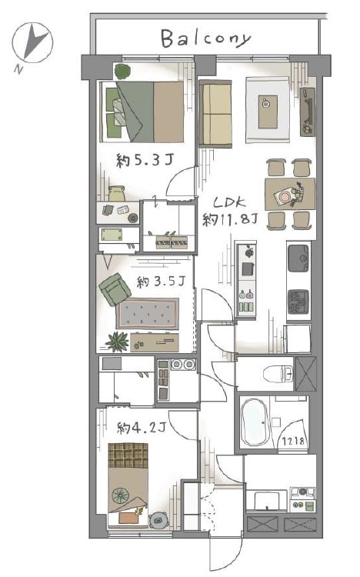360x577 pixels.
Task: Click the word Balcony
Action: pyautogui.click(x=205, y=38)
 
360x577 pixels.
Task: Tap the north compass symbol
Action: pyautogui.click(x=32, y=42)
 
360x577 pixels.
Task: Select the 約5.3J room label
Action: pyautogui.click(x=145, y=161)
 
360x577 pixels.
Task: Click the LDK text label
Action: pyautogui.click(x=230, y=203)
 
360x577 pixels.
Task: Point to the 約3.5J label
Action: pyautogui.click(x=161, y=282)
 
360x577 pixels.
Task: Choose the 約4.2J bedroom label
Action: pyautogui.click(x=142, y=428)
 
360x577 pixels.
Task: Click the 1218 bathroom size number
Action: pyautogui.click(x=293, y=441)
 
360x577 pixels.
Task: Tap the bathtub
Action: pyautogui.click(x=255, y=422)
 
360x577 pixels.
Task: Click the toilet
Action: pyautogui.click(x=277, y=375)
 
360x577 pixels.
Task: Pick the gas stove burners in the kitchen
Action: pyautogui.click(x=298, y=302)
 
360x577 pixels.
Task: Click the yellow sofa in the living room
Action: pyautogui.click(x=215, y=114)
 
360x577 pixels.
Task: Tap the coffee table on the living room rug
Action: pyautogui.click(x=268, y=112)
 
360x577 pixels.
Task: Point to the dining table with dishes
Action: pyautogui.click(x=290, y=195)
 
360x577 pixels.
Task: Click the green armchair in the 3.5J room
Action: pyautogui.click(x=115, y=289)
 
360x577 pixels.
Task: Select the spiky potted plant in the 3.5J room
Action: pyautogui.click(x=118, y=341)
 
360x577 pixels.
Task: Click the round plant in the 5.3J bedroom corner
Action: pyautogui.click(x=122, y=71)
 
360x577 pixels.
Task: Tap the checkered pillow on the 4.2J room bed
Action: pyautogui.click(x=128, y=455)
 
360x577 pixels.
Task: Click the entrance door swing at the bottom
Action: pyautogui.click(x=225, y=555)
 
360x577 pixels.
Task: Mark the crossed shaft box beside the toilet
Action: pyautogui.click(x=306, y=374)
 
